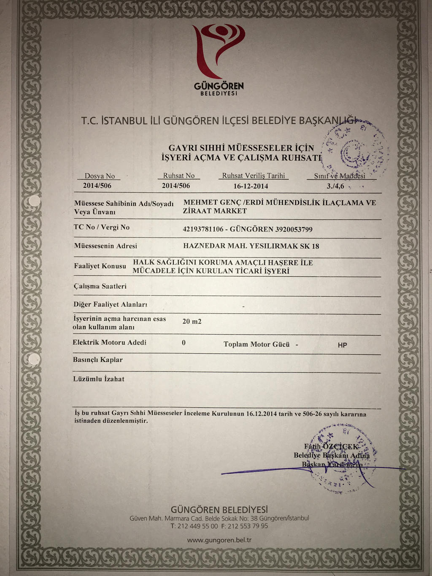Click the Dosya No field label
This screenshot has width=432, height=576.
(100, 176)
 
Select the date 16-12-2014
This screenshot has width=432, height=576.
(251, 186)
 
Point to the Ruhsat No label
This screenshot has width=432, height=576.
(179, 176)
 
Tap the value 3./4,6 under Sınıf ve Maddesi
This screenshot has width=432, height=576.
(335, 186)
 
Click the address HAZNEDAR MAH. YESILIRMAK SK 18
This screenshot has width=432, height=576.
(251, 246)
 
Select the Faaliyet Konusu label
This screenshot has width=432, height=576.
(100, 266)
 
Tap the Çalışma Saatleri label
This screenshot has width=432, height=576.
(100, 286)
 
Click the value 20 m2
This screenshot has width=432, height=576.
(192, 321)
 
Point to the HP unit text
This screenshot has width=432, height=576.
(343, 345)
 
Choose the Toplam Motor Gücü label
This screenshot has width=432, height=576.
(256, 344)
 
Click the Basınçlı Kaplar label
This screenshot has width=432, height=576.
(98, 360)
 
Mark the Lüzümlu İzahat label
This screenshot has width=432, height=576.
(99, 379)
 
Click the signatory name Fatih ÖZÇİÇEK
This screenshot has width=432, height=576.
(331, 446)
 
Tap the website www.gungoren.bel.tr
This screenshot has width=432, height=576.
(219, 540)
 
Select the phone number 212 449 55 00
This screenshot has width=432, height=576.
(197, 526)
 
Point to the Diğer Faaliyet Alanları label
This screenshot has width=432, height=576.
(110, 304)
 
